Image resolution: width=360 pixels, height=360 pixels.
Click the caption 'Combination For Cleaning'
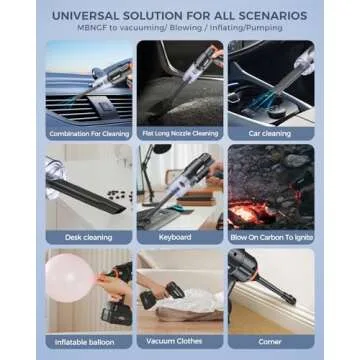click(x=90, y=133)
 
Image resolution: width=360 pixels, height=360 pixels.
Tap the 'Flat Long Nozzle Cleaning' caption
click(x=180, y=133)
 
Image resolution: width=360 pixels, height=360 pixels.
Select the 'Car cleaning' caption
click(x=270, y=133)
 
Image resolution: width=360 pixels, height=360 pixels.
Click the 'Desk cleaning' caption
click(x=90, y=237)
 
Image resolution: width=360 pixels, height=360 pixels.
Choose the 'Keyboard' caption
click(x=180, y=237)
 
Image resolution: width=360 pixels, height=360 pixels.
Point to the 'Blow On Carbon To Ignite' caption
click(x=270, y=237)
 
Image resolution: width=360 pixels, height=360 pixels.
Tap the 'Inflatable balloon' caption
click(x=90, y=341)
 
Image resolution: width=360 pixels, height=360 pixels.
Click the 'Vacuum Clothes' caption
click(x=180, y=341)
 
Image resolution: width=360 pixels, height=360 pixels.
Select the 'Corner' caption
click(x=270, y=341)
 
